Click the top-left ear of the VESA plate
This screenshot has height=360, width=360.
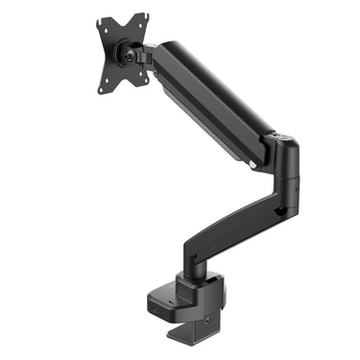pos(102,22)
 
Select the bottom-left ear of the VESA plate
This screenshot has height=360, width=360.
pos(103,89)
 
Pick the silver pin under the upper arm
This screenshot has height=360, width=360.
pos(252,165)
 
